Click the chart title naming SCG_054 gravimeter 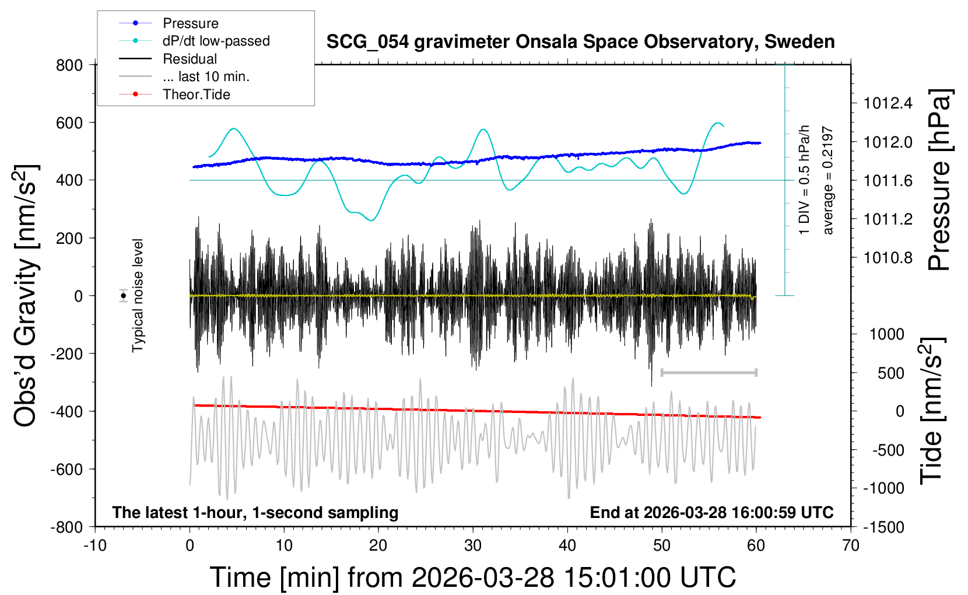pos(580,42)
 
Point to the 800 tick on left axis pos(69,65)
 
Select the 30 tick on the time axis pos(473,546)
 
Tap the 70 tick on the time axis pos(851,546)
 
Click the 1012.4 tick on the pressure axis pos(888,104)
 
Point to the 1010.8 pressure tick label pos(888,258)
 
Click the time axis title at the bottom pos(472,577)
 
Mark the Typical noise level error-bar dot pos(124,296)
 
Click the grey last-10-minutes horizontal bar pos(709,372)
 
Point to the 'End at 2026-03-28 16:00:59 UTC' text pos(711,513)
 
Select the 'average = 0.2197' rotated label pos(828,181)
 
